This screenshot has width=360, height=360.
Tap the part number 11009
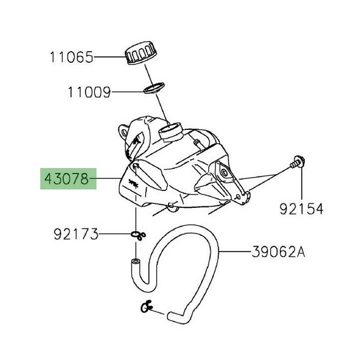[89, 92]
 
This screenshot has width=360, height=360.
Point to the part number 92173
[76, 235]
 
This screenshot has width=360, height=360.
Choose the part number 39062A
[279, 252]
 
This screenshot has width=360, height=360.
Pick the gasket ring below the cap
[154, 87]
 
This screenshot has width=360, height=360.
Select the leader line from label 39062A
[235, 252]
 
